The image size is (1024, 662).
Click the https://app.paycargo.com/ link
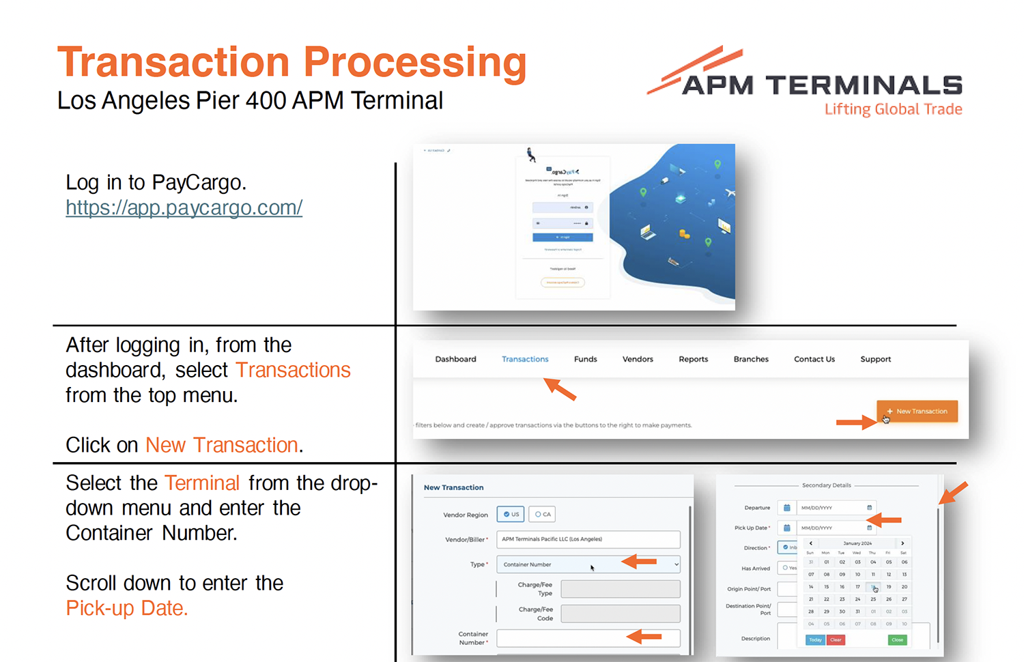pos(184,207)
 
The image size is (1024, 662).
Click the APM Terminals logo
pos(805,81)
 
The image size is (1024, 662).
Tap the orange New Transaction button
pos(917,411)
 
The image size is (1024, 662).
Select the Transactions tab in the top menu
pos(524,359)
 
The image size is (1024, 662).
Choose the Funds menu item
pos(585,359)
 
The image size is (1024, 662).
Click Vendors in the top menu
pos(638,359)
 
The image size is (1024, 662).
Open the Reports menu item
pos(693,359)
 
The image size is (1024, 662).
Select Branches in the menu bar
pos(751,359)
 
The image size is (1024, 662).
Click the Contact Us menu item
pos(814,359)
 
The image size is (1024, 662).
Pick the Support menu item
pos(875,359)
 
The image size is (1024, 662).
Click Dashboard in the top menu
pos(455,359)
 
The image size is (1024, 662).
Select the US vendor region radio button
pos(511,514)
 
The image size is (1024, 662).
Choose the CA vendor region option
pos(542,514)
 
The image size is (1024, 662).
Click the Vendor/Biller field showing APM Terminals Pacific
pos(588,539)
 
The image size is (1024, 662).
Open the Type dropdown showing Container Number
pos(588,564)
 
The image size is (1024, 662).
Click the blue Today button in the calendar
pos(815,639)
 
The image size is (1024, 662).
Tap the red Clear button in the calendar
pos(836,639)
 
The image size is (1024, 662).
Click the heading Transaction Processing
pos(291,62)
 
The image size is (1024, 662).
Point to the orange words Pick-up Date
pos(126,608)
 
